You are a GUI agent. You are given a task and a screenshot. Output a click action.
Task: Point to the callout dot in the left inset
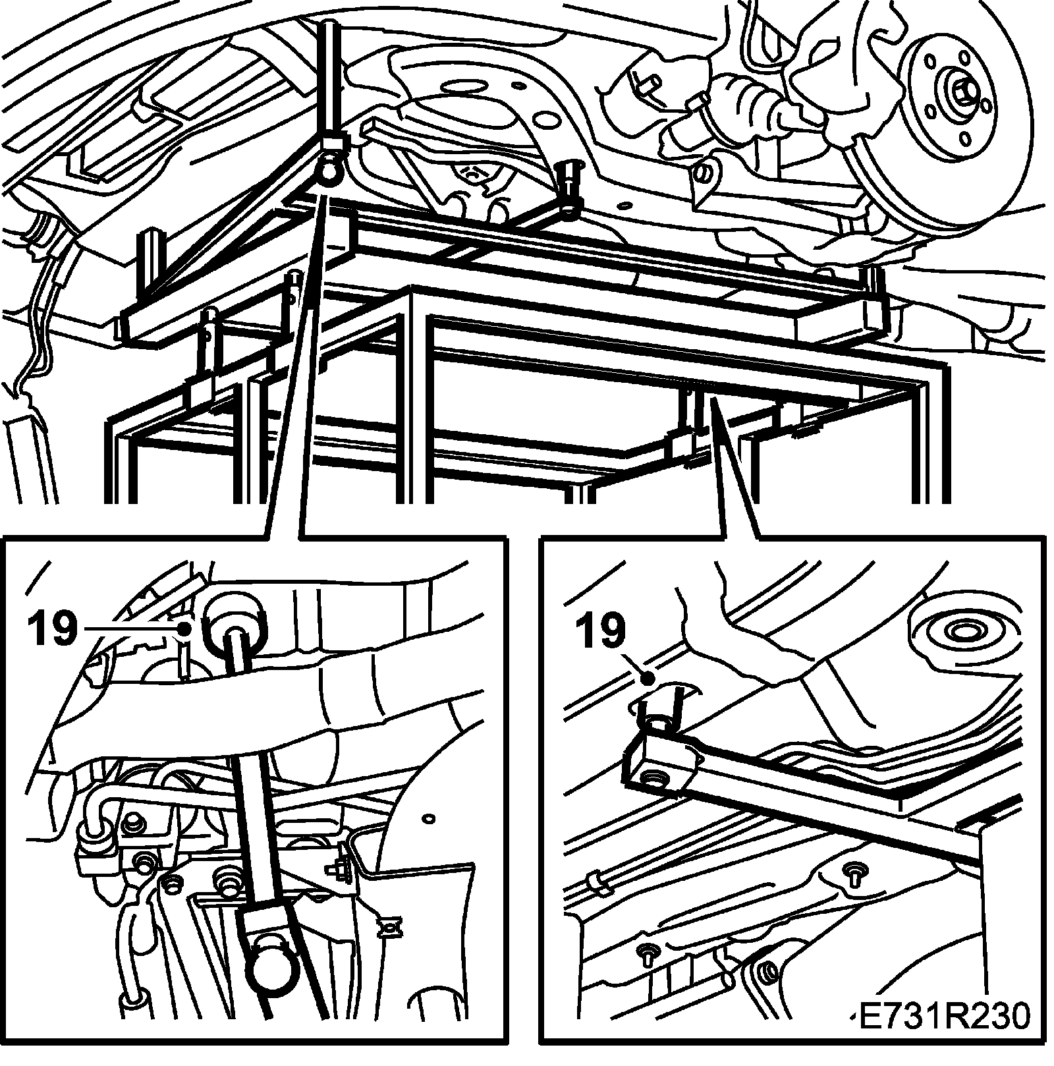click(186, 630)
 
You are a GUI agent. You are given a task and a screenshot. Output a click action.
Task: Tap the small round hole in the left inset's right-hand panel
click(430, 819)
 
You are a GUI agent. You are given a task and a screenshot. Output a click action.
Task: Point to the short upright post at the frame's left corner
click(148, 264)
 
